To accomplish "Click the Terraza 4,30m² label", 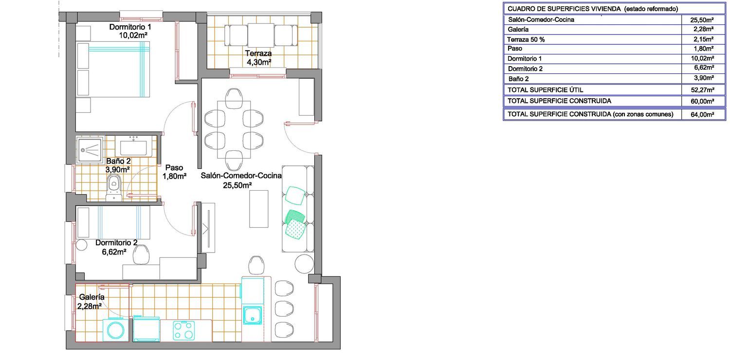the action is [x=258, y=58].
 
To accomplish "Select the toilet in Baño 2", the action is [x=114, y=188].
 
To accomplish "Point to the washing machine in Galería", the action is [x=116, y=330].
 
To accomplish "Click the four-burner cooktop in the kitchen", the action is [x=184, y=330].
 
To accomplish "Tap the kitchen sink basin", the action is [x=252, y=315].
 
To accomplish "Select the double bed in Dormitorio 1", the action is [x=113, y=69].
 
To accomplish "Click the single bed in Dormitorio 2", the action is [x=113, y=222].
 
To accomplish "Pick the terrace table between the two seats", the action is [x=261, y=36].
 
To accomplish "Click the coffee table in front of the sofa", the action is [x=259, y=209].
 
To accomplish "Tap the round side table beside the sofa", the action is [x=304, y=264].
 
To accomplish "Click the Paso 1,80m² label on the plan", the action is [x=174, y=172].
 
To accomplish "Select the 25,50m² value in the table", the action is [x=702, y=20].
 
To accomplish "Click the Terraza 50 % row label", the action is [x=526, y=39].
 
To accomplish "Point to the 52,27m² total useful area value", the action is [x=702, y=90].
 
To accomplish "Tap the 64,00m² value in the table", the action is [x=702, y=114].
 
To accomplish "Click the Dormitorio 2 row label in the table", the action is [x=525, y=69].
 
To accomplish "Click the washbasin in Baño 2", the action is [x=133, y=146].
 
